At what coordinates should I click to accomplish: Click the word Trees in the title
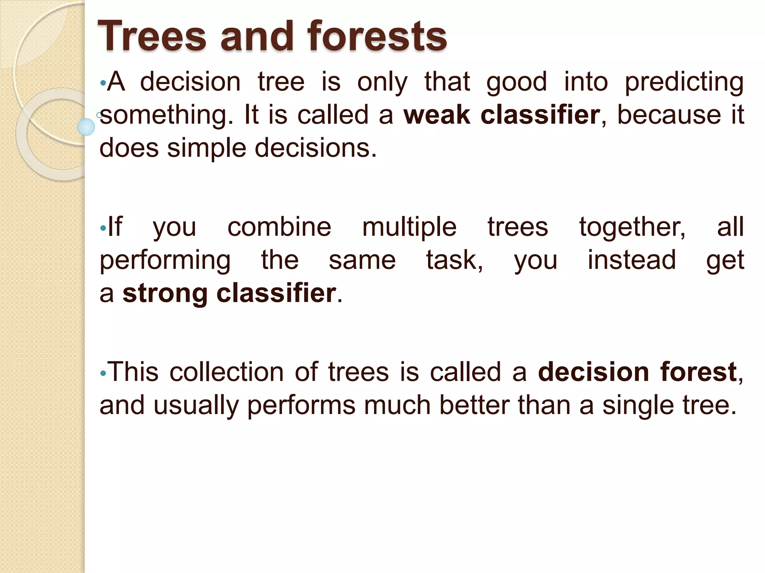coord(152,36)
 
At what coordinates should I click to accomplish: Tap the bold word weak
coord(436,115)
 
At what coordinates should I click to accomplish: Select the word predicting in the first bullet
coord(684,82)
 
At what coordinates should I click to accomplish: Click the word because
coord(669,115)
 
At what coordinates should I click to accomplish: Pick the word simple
coord(207,148)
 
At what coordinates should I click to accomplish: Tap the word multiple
coord(409,228)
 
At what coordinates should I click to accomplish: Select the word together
coord(632,228)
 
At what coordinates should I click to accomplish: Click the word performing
coord(165,261)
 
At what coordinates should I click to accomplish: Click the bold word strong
coord(165,294)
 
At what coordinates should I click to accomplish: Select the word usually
coord(196,406)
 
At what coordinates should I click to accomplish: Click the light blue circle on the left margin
coord(86,127)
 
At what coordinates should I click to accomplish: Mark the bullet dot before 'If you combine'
coord(103,228)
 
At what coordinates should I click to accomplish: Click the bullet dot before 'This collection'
coord(103,373)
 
